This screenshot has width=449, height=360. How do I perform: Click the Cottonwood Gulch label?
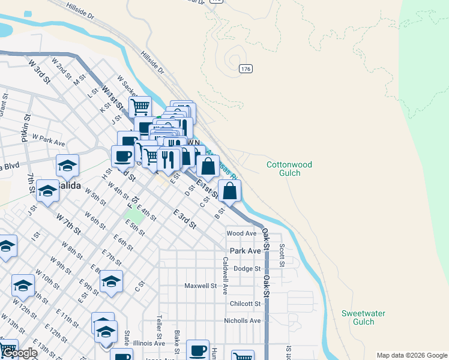pyautogui.click(x=291, y=168)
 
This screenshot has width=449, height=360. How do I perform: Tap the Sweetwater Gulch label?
pyautogui.click(x=363, y=317)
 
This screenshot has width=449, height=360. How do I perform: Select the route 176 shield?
pyautogui.click(x=245, y=69)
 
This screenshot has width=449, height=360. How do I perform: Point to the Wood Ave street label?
pyautogui.click(x=242, y=233)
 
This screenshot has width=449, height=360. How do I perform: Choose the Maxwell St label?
pyautogui.click(x=200, y=286)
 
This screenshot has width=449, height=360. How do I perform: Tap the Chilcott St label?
pyautogui.click(x=245, y=304)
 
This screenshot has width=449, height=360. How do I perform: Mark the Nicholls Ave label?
pyautogui.click(x=243, y=320)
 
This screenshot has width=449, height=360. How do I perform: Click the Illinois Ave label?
pyautogui.click(x=149, y=343)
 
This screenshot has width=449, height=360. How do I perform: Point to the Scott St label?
pyautogui.click(x=281, y=254)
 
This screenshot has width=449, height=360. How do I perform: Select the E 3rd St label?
pyautogui.click(x=184, y=219)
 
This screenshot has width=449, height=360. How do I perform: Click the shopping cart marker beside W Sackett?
pyautogui.click(x=140, y=107)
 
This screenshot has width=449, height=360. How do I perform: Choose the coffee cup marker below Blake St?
pyautogui.click(x=197, y=350)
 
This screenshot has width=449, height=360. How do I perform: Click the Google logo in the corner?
pyautogui.click(x=20, y=353)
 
